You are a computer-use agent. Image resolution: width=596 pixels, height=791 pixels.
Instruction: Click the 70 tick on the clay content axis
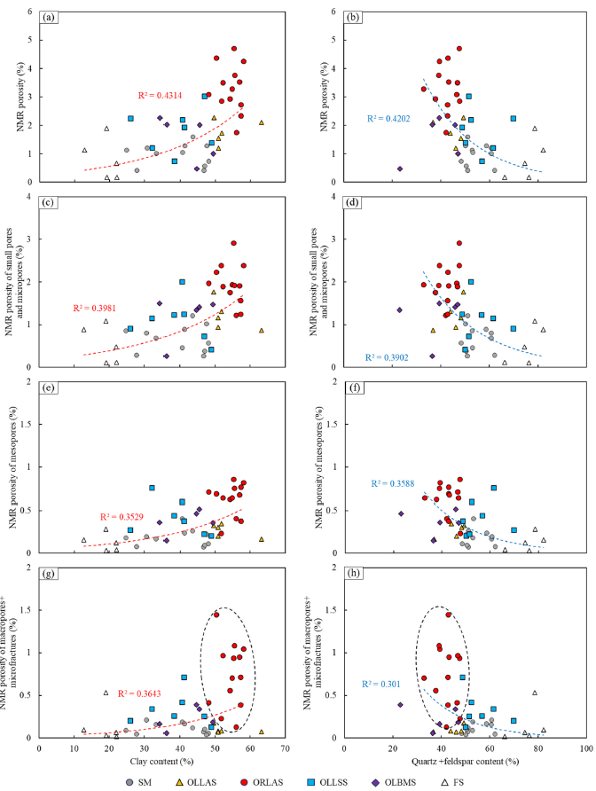point(286,748)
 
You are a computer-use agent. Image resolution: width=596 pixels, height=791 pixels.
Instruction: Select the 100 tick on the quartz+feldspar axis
point(584,748)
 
